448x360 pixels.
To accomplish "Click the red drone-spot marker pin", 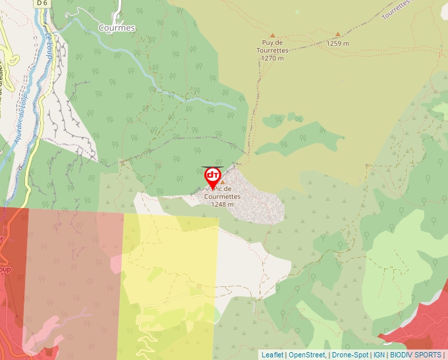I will point(213,176).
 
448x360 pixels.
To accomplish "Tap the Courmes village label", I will point(117,28).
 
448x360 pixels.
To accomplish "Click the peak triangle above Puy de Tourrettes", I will point(272,35).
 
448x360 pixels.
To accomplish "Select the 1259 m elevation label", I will point(337,43).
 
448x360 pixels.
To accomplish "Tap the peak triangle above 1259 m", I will point(337,34).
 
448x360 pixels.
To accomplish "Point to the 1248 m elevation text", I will point(222,204).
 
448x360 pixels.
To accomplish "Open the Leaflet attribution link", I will point(272,355).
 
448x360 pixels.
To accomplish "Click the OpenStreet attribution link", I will point(307,355).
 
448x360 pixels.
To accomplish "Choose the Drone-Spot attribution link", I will point(350,355).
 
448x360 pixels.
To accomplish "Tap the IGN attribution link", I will point(379,355).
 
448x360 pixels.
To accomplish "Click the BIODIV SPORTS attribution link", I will point(415,355).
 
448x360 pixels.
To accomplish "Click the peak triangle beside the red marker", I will point(223,182).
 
